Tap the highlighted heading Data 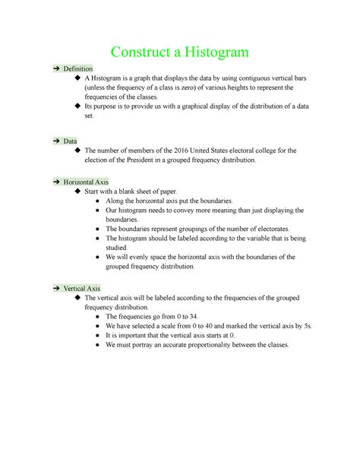[x=70, y=141]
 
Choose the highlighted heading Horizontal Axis [x=86, y=182]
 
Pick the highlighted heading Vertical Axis [x=81, y=289]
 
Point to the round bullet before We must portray [x=99, y=344]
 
